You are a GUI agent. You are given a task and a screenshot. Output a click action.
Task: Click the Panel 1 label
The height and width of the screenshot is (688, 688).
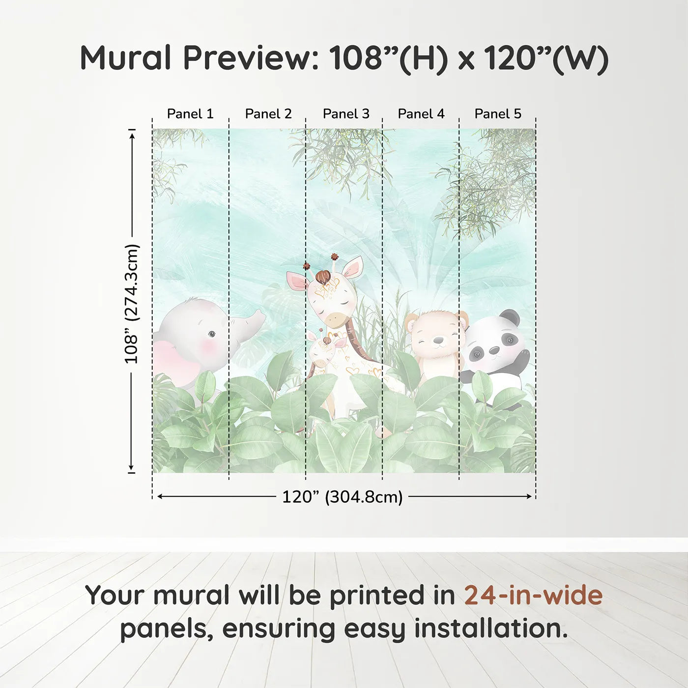coord(190,114)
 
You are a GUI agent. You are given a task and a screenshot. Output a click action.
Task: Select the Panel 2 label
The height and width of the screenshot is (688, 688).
coord(268,114)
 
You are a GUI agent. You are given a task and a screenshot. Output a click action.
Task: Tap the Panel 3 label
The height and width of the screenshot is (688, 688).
coord(346,114)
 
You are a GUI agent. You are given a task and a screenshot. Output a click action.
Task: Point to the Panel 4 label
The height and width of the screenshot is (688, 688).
coord(421,114)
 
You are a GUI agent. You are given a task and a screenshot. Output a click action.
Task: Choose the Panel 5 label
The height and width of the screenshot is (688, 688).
coord(498,114)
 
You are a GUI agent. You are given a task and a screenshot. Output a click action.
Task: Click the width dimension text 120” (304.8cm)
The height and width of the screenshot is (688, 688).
coord(342,497)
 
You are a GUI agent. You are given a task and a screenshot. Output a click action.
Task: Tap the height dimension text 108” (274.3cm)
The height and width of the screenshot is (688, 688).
coord(132,304)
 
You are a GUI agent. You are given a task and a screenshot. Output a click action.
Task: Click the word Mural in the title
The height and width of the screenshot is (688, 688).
coord(126,58)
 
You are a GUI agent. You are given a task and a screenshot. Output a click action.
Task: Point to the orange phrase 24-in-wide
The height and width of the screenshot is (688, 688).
coord(533,595)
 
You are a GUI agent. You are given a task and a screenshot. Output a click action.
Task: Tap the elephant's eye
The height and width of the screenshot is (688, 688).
coord(211,334)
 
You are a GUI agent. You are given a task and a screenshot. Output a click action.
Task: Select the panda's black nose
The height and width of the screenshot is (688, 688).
coord(494,350)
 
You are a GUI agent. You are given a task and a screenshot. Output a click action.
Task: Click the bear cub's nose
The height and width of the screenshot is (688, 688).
coord(437,340)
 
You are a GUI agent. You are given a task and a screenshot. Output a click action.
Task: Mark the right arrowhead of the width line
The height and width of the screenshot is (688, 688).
coord(530,496)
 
